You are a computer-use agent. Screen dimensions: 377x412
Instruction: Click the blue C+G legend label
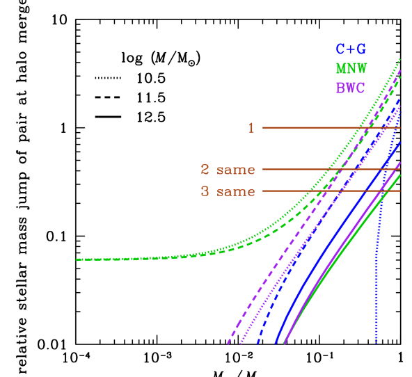click(x=351, y=49)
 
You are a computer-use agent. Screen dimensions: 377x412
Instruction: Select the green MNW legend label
click(x=351, y=69)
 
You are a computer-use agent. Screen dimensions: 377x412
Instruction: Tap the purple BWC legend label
click(x=350, y=88)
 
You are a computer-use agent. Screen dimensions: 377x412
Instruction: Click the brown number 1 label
click(x=251, y=128)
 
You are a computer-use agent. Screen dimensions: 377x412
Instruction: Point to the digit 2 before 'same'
click(x=205, y=169)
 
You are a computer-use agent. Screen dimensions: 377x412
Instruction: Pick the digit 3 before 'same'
click(x=205, y=191)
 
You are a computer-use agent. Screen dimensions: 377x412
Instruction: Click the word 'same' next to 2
click(x=235, y=170)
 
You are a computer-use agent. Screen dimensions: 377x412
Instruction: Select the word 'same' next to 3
click(x=235, y=192)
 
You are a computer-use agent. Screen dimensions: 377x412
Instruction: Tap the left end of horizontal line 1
click(x=263, y=128)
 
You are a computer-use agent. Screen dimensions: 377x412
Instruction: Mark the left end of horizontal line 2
click(x=263, y=169)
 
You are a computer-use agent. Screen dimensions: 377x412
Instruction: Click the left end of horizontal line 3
click(x=263, y=191)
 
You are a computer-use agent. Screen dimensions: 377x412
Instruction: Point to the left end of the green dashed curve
click(x=77, y=259)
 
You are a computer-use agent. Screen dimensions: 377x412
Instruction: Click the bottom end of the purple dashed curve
click(x=228, y=344)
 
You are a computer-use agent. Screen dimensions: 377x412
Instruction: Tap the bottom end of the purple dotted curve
click(x=240, y=344)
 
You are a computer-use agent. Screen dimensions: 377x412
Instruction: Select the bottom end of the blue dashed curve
click(x=257, y=344)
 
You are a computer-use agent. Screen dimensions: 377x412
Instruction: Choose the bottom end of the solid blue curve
click(x=276, y=344)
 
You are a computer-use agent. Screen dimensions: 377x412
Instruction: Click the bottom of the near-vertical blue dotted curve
click(x=377, y=343)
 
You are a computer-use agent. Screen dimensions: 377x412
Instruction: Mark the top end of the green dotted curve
click(x=400, y=59)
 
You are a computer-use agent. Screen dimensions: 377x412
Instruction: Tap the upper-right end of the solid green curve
click(x=400, y=175)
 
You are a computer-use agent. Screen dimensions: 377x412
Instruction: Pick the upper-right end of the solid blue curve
click(x=400, y=143)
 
